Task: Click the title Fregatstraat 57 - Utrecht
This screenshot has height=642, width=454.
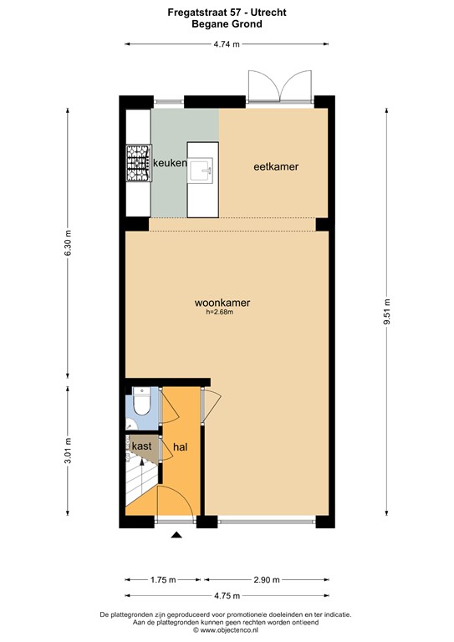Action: point(227,13)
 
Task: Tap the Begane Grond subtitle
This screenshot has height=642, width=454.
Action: point(227,25)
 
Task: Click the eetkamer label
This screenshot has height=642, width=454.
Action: point(276,167)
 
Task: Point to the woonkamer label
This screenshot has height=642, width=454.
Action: point(222,303)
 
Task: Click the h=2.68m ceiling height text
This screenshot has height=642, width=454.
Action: point(218,313)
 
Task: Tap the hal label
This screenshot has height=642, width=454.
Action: point(180,447)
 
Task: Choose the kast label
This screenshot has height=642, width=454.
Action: point(140,446)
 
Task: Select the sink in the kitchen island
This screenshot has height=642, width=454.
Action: point(201,172)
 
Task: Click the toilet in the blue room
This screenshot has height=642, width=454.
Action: point(143,405)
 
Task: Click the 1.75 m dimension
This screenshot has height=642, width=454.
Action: point(162,579)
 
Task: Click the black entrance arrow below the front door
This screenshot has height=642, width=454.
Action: point(176,536)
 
